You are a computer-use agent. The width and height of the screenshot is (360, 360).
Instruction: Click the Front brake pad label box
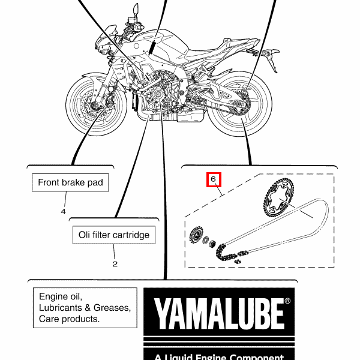(x=70, y=182)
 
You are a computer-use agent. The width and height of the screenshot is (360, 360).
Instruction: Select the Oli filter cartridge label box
(x=114, y=235)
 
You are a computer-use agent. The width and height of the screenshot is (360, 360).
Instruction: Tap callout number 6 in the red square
(x=213, y=179)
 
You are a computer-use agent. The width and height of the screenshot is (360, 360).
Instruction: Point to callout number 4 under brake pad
(x=63, y=211)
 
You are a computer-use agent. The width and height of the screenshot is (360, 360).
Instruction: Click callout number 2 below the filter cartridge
(x=115, y=264)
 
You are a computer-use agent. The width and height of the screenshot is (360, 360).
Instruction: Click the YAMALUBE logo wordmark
(x=219, y=314)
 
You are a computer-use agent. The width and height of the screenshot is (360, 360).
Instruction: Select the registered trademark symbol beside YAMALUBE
(x=287, y=301)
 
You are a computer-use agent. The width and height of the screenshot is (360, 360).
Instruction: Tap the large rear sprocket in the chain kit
(x=278, y=197)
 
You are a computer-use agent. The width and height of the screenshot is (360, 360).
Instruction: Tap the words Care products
(x=69, y=319)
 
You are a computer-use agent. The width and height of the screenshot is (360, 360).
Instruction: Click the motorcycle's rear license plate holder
(x=272, y=58)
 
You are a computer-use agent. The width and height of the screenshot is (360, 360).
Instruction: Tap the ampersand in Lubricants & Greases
(x=88, y=308)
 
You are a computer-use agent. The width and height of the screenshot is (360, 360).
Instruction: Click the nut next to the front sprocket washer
(x=213, y=243)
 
